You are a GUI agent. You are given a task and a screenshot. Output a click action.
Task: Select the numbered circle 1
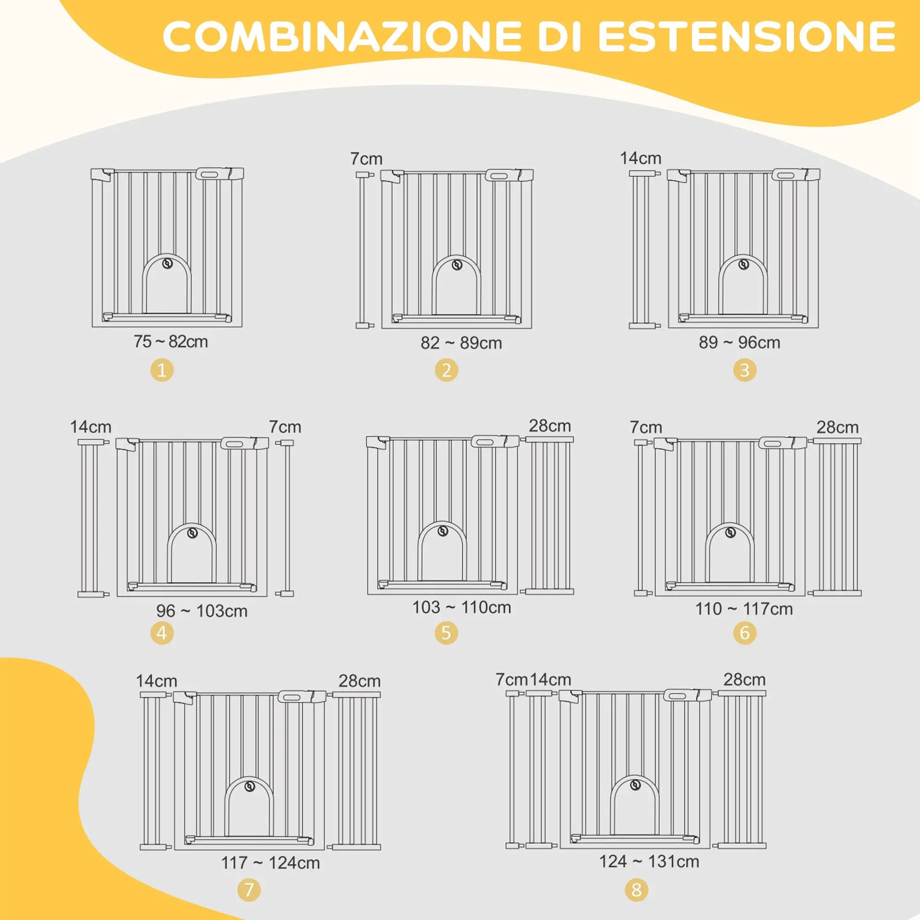pos(162,370)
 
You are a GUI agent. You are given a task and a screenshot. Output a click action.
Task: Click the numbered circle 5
pos(446,633)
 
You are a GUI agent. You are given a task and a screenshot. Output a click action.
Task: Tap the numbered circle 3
pos(745,370)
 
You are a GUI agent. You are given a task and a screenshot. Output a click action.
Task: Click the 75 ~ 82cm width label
pos(171,341)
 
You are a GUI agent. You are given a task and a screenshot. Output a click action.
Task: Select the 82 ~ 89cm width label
pos(461,343)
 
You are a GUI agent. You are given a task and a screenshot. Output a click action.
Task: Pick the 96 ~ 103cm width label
pos(202,611)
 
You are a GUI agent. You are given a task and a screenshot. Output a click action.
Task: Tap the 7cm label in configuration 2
pos(366,159)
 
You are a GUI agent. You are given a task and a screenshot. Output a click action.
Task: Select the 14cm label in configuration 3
pos(640,158)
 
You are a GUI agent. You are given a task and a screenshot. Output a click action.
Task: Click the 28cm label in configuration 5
pos(550,425)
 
